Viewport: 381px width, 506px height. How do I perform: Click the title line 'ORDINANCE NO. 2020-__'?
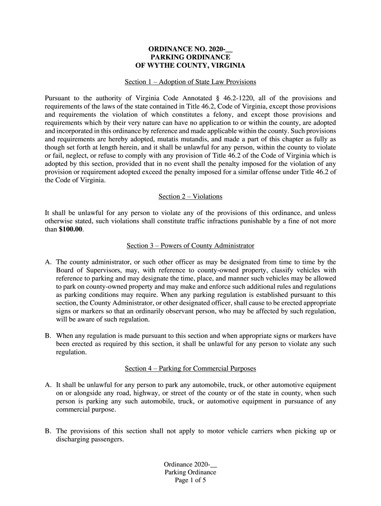190,49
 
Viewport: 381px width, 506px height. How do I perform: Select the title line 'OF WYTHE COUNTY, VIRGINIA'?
190,65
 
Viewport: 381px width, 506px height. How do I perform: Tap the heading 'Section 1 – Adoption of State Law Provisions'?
190,82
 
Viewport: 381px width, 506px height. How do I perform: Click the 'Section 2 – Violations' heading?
190,197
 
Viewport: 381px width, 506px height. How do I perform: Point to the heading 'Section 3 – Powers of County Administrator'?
190,246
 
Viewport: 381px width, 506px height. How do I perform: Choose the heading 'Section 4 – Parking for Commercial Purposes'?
190,369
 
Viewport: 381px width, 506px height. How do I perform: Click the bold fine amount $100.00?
71,229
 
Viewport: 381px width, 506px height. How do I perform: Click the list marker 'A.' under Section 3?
48,262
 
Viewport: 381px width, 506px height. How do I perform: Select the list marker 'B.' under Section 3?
48,336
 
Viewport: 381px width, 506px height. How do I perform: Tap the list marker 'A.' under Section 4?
48,385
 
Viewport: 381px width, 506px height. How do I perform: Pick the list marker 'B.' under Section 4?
48,431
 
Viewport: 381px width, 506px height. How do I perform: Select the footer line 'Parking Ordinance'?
190,472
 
